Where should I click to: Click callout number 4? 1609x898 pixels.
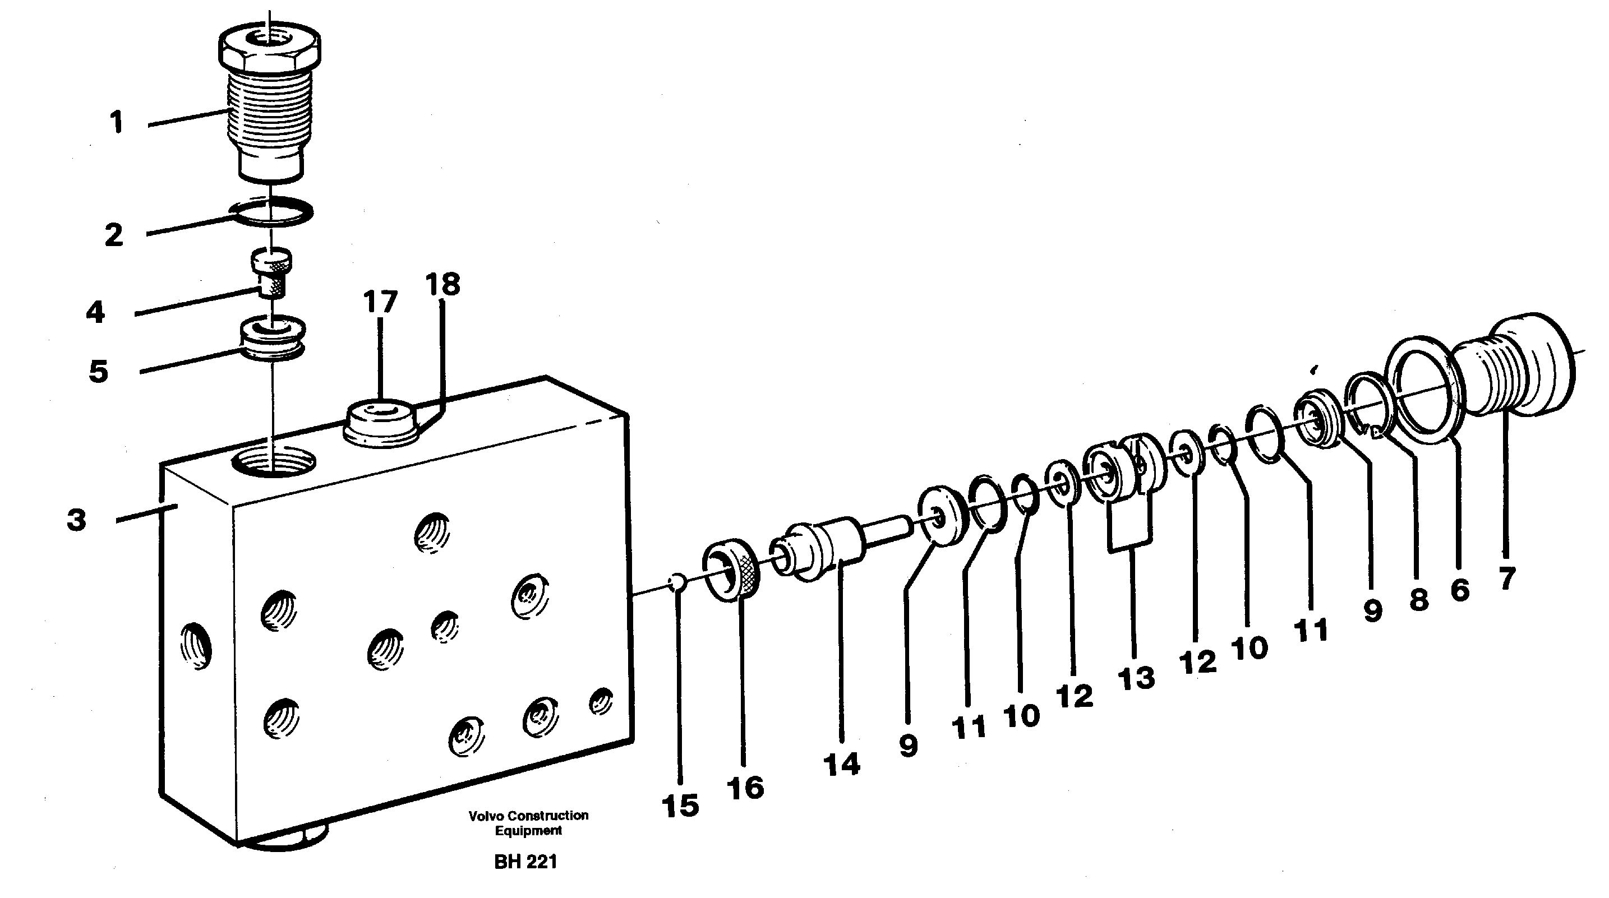pyautogui.click(x=95, y=312)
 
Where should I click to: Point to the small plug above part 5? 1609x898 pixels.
pyautogui.click(x=271, y=272)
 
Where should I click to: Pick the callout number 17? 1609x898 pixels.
pyautogui.click(x=380, y=302)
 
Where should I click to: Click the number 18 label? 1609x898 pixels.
pyautogui.click(x=442, y=284)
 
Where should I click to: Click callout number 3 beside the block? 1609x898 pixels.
pyautogui.click(x=76, y=520)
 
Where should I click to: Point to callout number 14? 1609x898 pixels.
pyautogui.click(x=841, y=765)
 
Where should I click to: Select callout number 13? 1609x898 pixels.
pyautogui.click(x=1136, y=678)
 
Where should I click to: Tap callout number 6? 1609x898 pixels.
pyautogui.click(x=1459, y=590)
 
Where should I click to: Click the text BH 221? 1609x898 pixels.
pyautogui.click(x=525, y=862)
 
